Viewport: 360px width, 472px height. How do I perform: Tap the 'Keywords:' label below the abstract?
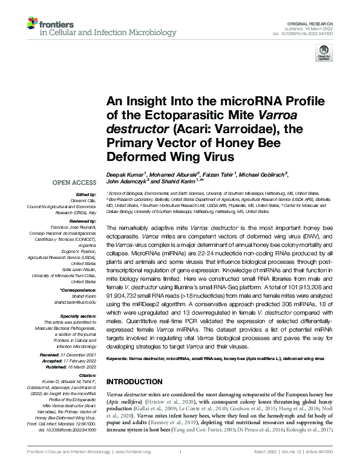point(119,359)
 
